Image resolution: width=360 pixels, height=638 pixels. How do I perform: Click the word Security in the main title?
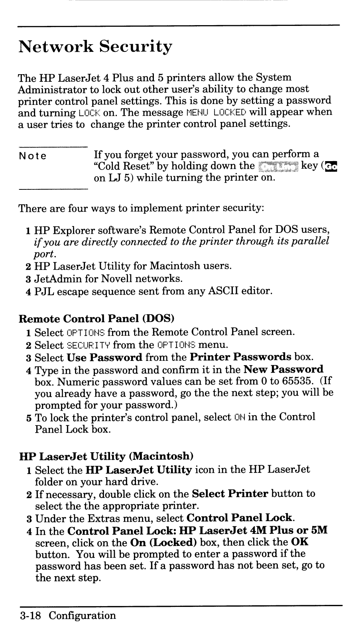click(x=136, y=47)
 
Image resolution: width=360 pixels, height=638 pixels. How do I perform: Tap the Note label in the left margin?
click(x=33, y=156)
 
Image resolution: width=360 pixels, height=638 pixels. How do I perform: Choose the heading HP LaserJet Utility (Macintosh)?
click(x=106, y=456)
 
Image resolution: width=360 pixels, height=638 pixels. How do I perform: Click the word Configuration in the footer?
click(x=83, y=616)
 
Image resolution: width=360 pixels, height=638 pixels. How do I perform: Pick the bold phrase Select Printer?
click(x=230, y=494)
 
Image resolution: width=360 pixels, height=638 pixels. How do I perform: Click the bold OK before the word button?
click(x=300, y=543)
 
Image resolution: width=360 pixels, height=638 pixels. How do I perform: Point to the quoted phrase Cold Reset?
click(x=125, y=166)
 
